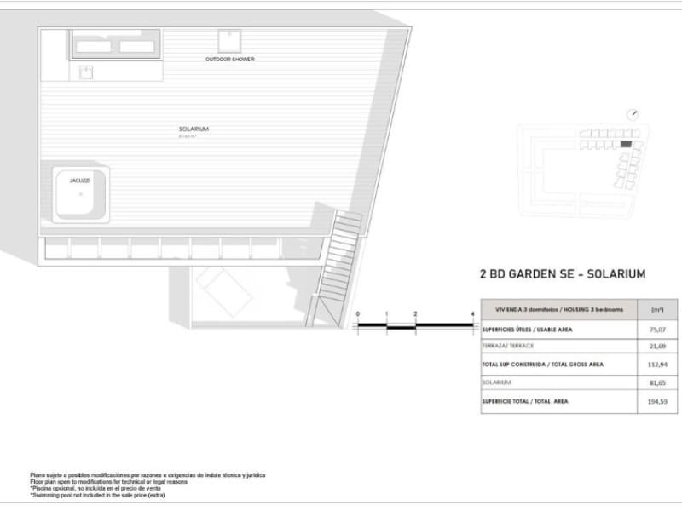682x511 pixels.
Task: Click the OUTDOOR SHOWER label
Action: [230, 60]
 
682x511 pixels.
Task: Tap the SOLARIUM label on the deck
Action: [194, 129]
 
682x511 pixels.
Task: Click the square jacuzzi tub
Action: [81, 195]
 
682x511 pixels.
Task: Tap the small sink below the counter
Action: [86, 72]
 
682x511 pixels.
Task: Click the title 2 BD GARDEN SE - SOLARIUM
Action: [563, 274]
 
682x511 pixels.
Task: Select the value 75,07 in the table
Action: [657, 327]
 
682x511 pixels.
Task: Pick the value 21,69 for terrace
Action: [657, 346]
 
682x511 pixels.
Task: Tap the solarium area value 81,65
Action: [657, 383]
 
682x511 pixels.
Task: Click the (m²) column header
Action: [657, 308]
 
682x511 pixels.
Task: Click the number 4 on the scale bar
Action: [472, 314]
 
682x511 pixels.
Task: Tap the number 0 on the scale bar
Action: [358, 314]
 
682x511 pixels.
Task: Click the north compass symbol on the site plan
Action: [632, 114]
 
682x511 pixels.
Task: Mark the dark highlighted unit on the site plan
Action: [626, 145]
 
